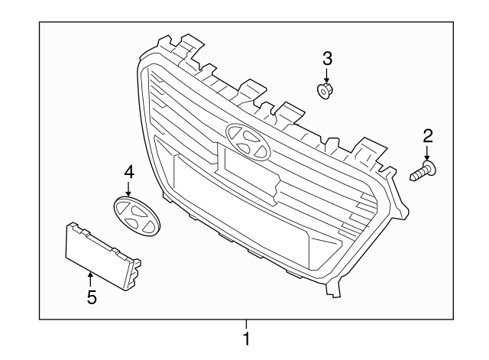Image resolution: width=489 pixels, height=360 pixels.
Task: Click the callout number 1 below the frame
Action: tap(246, 336)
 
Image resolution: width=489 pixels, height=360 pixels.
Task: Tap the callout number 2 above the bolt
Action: tap(428, 136)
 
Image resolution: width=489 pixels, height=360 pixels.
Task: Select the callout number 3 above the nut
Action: tap(326, 58)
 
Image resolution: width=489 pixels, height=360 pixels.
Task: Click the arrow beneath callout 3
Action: tap(326, 75)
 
